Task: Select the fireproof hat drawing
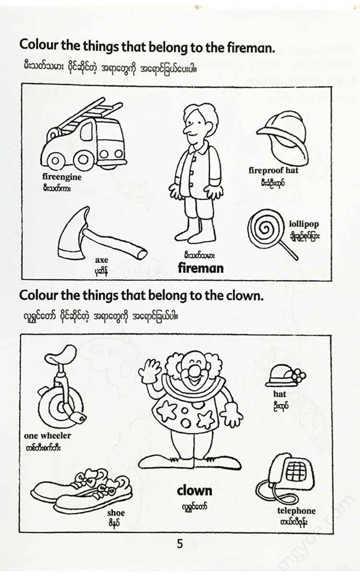pos(283,139)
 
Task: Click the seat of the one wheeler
pos(60,355)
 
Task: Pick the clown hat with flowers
pos(286,376)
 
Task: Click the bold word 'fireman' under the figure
pos(201,268)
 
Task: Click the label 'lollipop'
pos(304,224)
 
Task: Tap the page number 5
pos(180,544)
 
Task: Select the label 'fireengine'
pos(62,177)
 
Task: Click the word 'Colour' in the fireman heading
pos(38,45)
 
